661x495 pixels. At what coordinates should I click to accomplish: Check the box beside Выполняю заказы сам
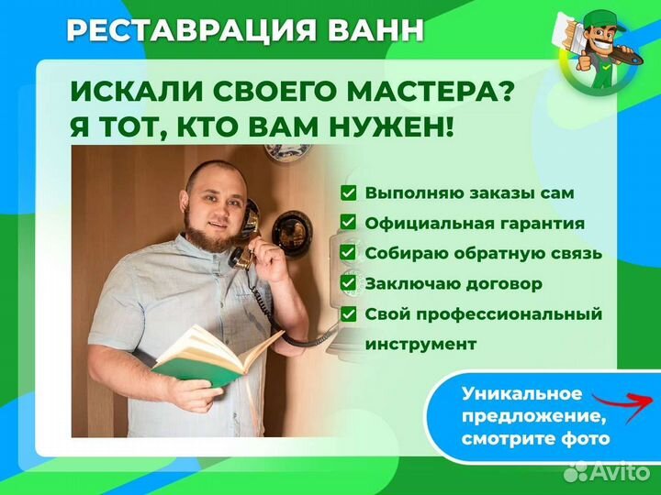click(x=349, y=193)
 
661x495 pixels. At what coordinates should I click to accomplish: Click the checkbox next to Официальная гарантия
click(x=349, y=223)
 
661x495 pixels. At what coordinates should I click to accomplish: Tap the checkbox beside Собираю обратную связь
click(x=349, y=252)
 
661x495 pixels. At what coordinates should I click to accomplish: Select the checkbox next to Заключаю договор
click(x=349, y=283)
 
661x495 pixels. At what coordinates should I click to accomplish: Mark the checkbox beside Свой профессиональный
click(x=349, y=313)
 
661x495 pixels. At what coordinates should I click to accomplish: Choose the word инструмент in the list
click(x=421, y=345)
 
